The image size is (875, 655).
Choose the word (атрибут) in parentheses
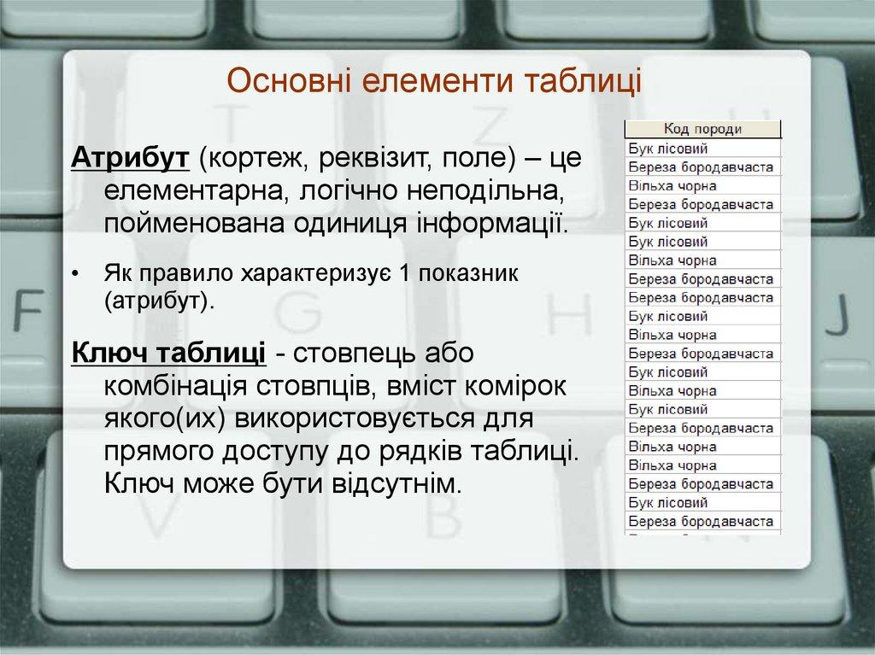pyautogui.click(x=157, y=300)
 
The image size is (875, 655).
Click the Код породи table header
pyautogui.click(x=703, y=128)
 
